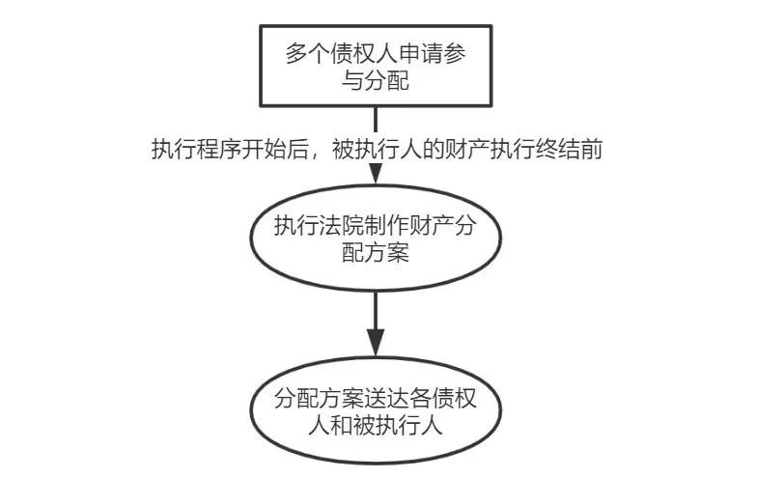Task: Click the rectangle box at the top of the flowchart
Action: point(375,66)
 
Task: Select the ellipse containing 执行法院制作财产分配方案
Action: point(374,240)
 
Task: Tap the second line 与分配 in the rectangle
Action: point(375,81)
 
